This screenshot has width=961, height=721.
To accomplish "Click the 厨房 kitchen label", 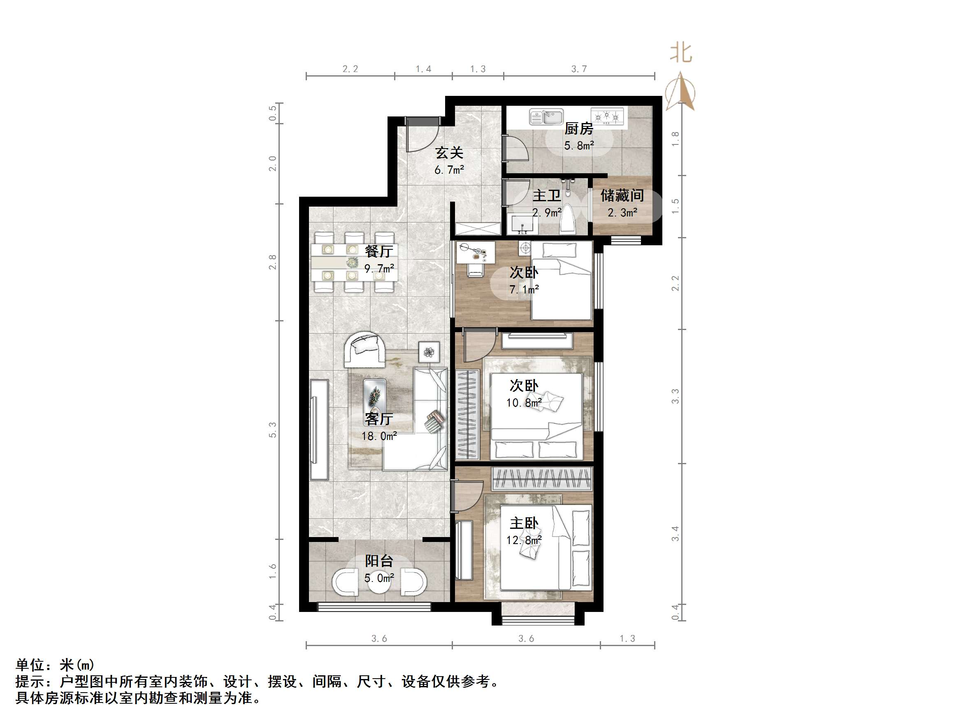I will [x=578, y=129].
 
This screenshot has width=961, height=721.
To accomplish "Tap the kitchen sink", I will [x=546, y=117].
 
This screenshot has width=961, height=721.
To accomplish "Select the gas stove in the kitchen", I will [x=607, y=116].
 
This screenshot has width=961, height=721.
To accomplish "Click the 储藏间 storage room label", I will [x=622, y=195].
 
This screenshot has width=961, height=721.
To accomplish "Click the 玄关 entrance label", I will [x=449, y=153].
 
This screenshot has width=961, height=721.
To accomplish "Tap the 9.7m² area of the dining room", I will [x=379, y=269].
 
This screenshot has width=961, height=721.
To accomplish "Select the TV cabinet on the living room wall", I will [x=319, y=429].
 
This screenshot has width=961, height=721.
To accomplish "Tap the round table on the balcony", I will [x=379, y=582].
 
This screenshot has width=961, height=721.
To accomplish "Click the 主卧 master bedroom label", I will [x=524, y=523].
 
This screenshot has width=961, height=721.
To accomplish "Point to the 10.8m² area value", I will [x=524, y=403].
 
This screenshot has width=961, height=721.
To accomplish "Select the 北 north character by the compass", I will [x=681, y=53].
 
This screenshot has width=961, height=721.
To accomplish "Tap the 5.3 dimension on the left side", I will [x=272, y=430].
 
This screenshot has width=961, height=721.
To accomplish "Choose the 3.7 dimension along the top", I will [x=579, y=69].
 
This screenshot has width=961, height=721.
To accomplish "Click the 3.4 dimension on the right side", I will [x=675, y=534].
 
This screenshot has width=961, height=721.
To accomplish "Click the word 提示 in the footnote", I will [x=30, y=681].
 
